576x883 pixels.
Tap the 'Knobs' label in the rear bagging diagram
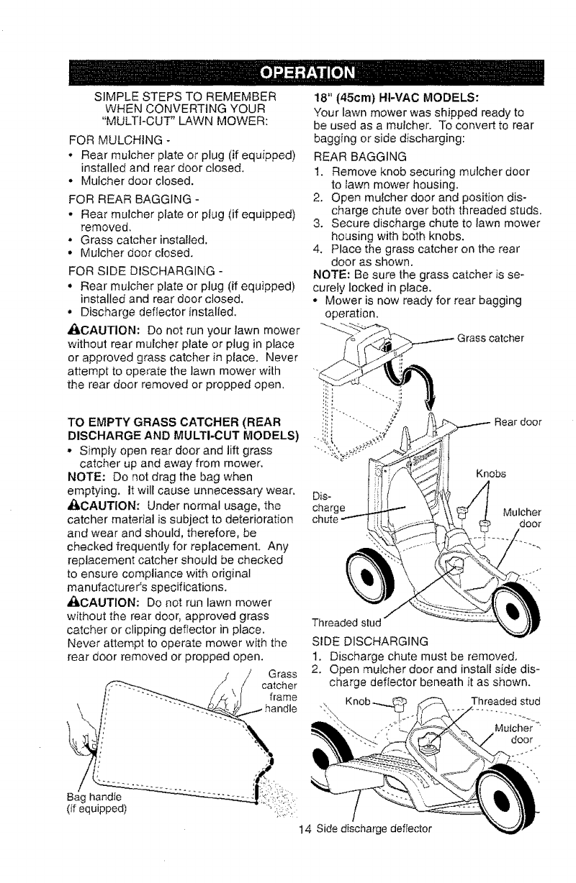click(x=491, y=474)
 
